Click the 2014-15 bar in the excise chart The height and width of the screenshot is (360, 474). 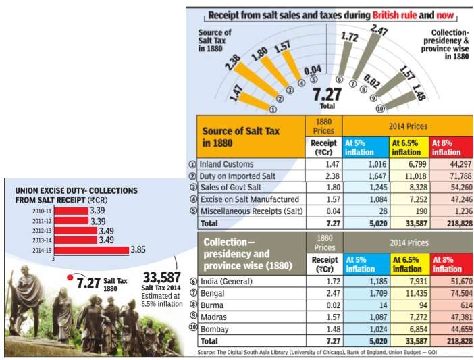90,250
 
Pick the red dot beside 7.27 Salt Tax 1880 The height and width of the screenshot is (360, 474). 69,276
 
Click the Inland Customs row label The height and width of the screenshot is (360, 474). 227,163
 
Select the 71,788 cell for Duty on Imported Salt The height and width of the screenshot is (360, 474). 451,176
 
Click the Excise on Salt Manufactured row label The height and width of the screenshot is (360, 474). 249,200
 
